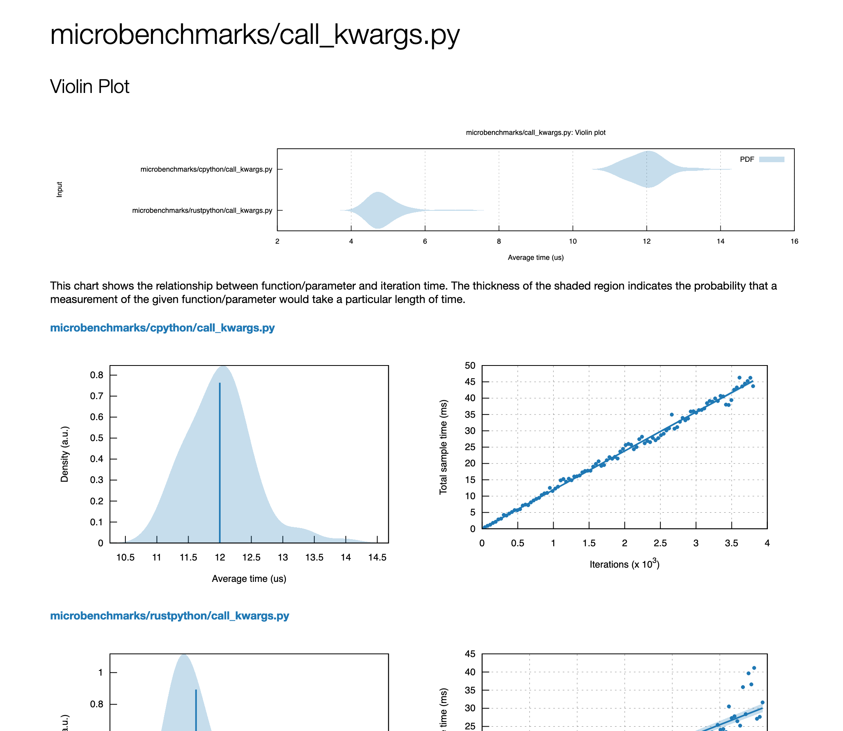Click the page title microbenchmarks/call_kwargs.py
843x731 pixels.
pos(255,34)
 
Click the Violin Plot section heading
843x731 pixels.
pos(89,87)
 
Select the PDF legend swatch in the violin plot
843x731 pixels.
pos(771,159)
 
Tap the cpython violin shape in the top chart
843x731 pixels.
pos(647,169)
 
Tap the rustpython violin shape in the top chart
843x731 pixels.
pos(378,210)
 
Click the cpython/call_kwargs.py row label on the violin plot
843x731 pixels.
pos(206,169)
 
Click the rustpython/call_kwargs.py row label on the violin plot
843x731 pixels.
pos(202,210)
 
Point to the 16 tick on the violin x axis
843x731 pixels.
pos(794,241)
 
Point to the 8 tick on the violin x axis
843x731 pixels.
pos(498,241)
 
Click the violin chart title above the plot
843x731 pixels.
pos(535,133)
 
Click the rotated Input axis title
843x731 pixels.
pos(60,190)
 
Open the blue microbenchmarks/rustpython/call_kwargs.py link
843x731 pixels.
pos(169,615)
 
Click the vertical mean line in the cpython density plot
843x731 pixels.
pos(220,461)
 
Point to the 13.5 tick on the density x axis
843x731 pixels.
pos(314,557)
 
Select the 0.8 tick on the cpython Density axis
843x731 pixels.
pos(96,375)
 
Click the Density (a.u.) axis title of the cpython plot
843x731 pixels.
pos(64,454)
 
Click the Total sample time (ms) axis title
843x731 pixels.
pos(443,447)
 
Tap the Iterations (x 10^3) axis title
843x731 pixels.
pos(624,564)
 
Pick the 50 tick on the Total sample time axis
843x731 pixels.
pos(470,365)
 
